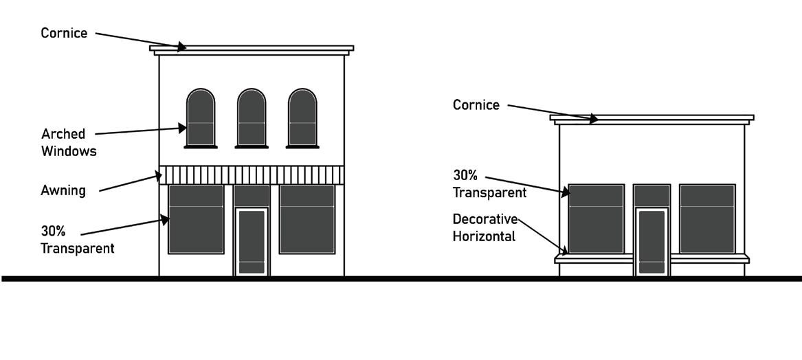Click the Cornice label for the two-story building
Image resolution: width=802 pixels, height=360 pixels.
point(64,33)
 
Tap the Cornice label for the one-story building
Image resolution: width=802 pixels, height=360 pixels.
point(476,105)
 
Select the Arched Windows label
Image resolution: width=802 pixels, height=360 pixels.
point(69,142)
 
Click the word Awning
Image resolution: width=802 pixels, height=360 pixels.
point(63,190)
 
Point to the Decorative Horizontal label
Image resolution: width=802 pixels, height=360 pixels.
point(484,227)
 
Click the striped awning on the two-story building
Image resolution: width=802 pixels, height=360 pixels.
point(252,175)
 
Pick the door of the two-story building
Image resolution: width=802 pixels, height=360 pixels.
point(252,241)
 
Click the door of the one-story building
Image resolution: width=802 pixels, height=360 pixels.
point(651,241)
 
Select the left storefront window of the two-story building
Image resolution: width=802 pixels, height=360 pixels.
point(196,219)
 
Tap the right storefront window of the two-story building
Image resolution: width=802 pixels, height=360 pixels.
point(307,219)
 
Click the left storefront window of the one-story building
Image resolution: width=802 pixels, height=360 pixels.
point(597,218)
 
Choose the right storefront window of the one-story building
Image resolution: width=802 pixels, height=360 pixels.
point(707,218)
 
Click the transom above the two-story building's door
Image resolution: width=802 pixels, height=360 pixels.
point(252,196)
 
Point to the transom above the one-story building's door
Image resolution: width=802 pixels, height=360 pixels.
point(651,196)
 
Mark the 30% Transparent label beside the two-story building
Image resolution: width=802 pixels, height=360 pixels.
point(77,240)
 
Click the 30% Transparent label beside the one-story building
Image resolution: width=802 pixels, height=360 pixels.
point(489,183)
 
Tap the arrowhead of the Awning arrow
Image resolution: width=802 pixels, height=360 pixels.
point(160,177)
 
